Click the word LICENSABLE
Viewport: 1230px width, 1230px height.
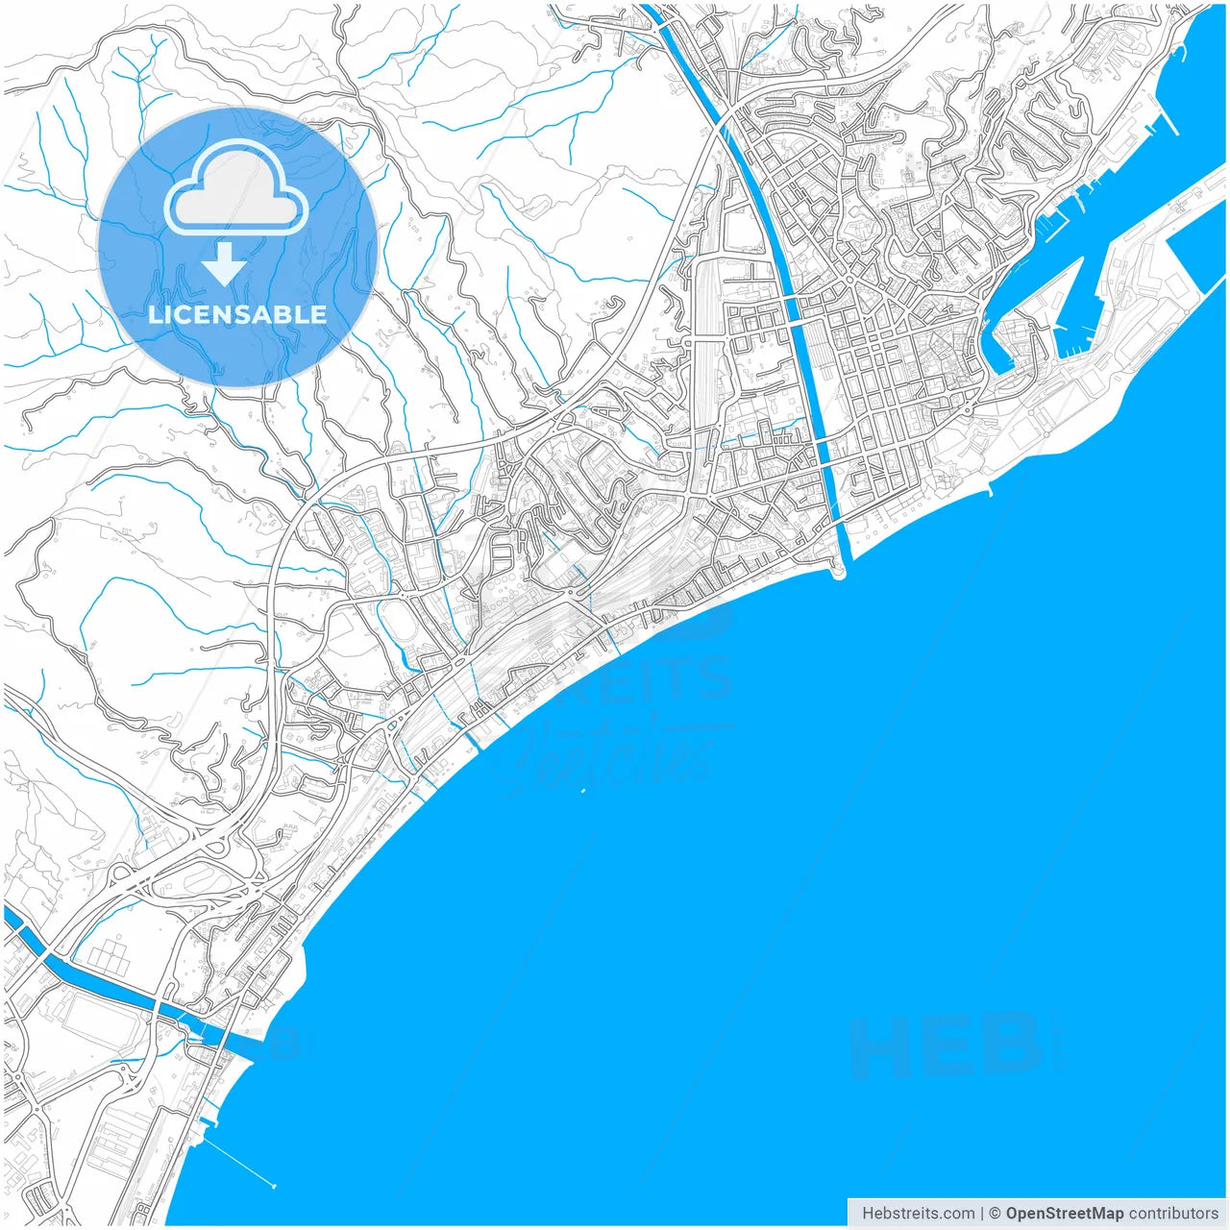236,314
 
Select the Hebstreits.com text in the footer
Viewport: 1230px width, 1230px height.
917,1214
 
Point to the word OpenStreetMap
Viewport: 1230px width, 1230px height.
1065,1214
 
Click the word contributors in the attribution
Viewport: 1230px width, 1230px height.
1173,1214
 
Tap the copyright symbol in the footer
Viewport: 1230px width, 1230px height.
996,1214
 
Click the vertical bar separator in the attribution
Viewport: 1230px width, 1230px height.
982,1214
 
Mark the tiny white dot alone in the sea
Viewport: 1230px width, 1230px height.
583,791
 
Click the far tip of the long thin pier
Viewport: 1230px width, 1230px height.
274,1186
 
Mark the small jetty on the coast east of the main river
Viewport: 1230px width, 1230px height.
990,491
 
